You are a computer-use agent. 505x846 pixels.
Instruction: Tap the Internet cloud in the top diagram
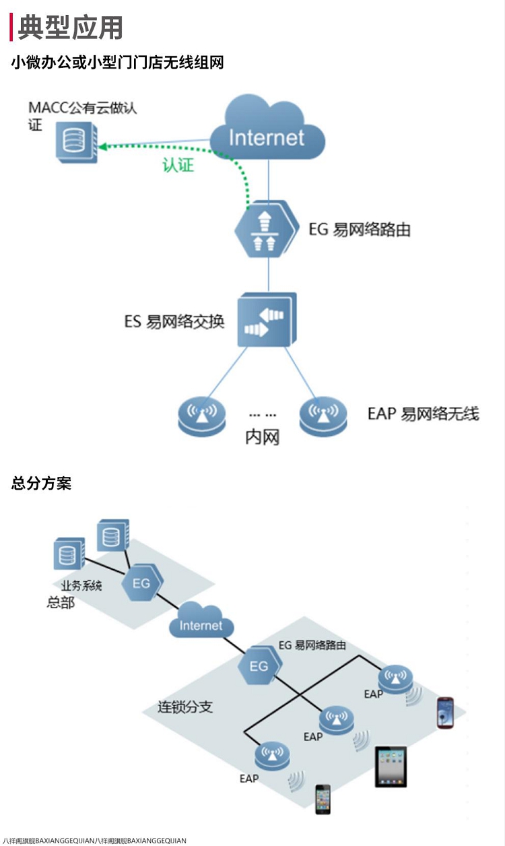pos(267,131)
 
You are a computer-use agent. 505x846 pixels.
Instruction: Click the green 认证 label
pos(178,165)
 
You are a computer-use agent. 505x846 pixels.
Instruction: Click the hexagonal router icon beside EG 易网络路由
pos(267,229)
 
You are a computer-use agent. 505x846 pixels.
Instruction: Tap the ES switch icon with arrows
pos(266,320)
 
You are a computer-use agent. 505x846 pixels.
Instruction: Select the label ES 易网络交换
pos(173,321)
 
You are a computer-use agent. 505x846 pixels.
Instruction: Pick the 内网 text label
pos(262,438)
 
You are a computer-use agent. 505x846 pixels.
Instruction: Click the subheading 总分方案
pos(41,483)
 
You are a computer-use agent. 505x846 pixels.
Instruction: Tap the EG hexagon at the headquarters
pos(141,583)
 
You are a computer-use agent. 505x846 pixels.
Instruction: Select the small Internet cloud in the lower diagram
pos(201,623)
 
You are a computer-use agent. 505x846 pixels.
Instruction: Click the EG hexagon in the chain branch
pos(259,665)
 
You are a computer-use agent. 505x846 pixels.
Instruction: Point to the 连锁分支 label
pos(185,707)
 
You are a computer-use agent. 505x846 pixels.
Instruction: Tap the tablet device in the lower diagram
pos(391,766)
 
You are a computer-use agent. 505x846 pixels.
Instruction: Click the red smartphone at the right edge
pos(445,713)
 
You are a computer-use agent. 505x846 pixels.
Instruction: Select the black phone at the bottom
pos(323,799)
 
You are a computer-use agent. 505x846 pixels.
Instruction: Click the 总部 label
pos(61,603)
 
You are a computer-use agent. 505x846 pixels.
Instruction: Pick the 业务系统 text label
pos(81,586)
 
